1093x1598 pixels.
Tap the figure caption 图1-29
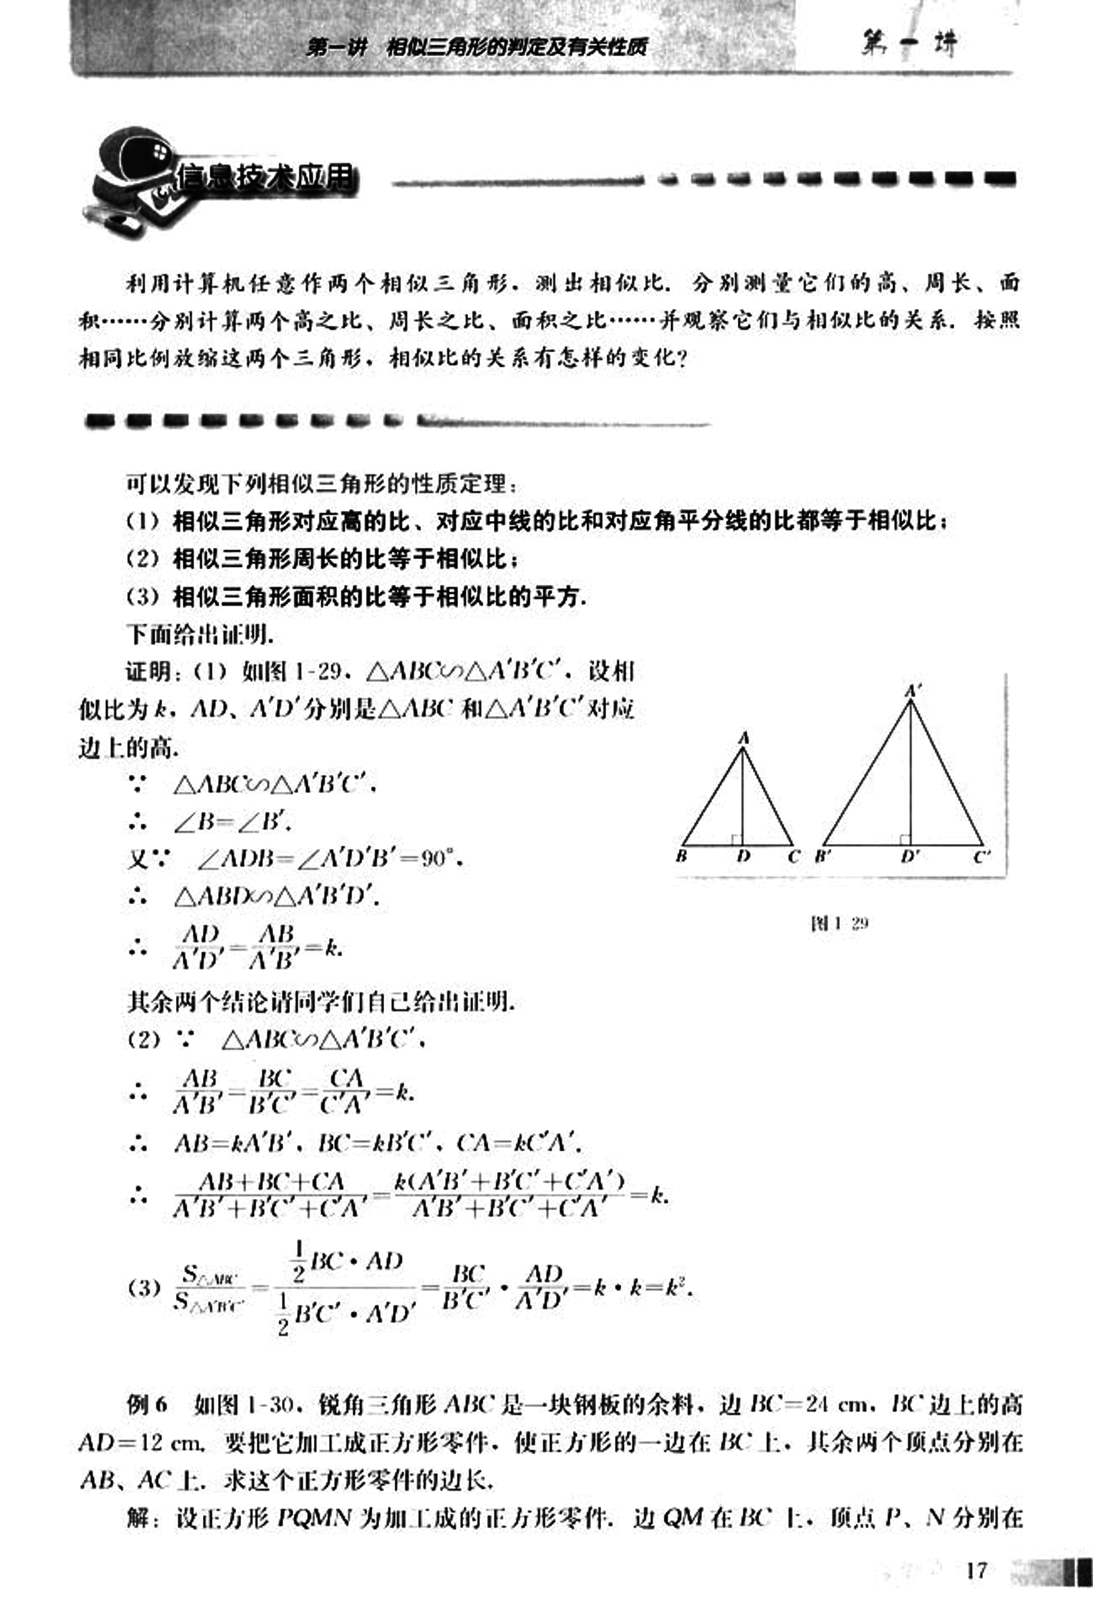839,923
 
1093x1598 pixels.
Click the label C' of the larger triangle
981,857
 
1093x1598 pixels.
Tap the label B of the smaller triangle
681,857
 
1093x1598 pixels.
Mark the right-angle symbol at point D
736,840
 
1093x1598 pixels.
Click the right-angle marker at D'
904,840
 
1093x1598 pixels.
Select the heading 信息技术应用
266,179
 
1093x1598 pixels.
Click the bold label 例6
147,1404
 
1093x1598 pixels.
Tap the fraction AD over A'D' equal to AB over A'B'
234,948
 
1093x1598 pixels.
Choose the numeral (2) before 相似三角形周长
143,558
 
